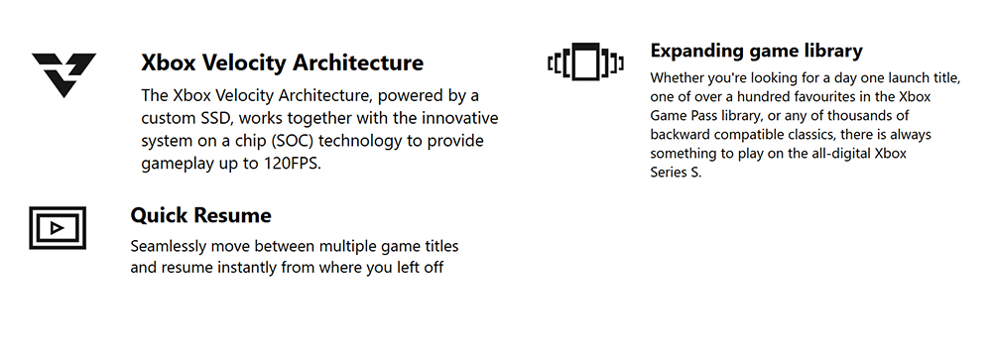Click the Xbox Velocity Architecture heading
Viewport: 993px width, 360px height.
click(x=283, y=63)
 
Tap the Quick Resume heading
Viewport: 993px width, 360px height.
click(x=200, y=215)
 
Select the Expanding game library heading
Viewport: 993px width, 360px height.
click(x=756, y=51)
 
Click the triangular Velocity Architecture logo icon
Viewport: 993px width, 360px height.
click(x=63, y=74)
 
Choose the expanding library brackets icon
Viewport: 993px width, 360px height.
click(x=586, y=62)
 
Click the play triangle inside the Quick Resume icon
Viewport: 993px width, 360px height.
click(x=57, y=228)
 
